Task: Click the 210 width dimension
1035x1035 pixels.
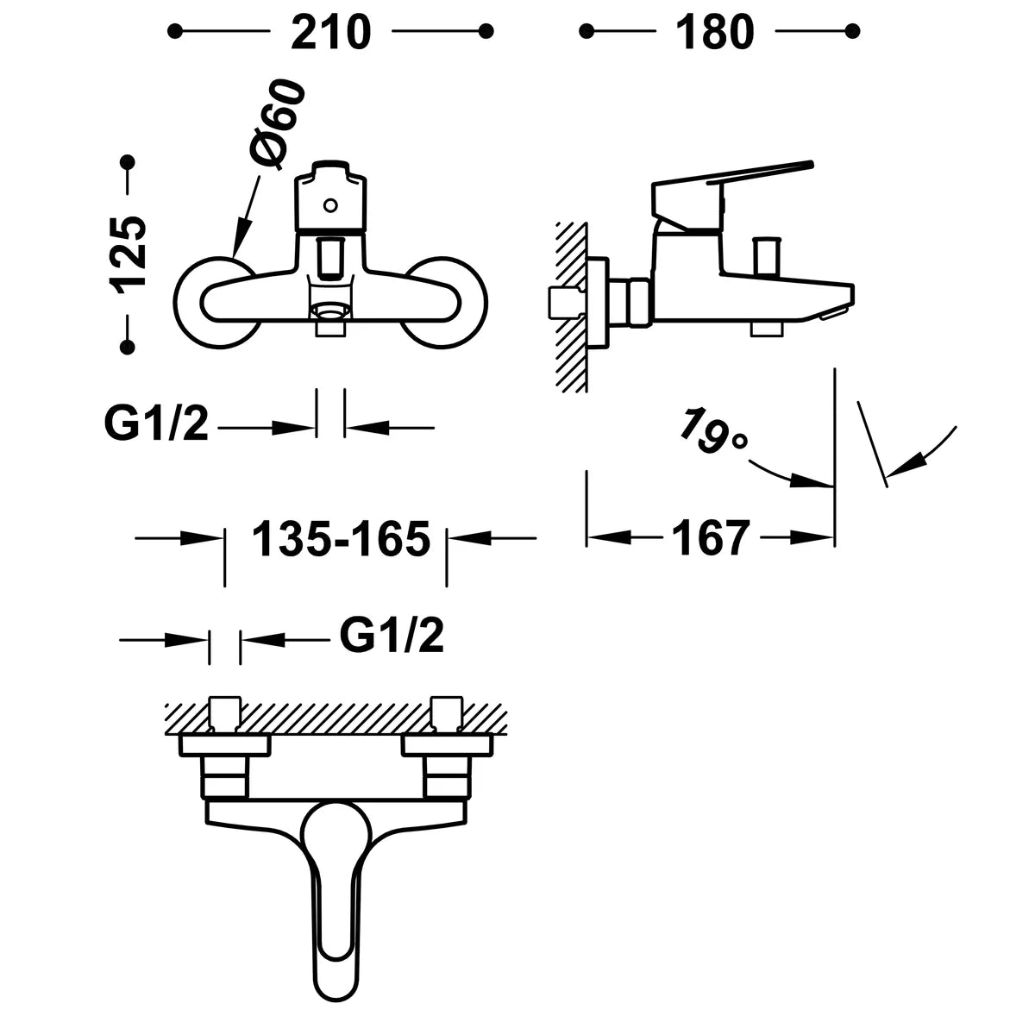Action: tap(330, 32)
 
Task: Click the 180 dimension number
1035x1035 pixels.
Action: tap(715, 32)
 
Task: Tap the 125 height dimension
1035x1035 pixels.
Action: tap(129, 254)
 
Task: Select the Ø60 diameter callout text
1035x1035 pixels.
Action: tap(277, 123)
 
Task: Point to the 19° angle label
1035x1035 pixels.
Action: tap(712, 431)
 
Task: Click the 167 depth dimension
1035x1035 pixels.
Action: tap(710, 538)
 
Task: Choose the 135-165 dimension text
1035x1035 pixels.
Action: tap(341, 538)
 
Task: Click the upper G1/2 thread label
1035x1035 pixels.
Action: tap(156, 423)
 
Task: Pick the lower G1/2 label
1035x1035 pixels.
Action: tap(392, 635)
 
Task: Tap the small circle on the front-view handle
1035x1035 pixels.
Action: tap(330, 205)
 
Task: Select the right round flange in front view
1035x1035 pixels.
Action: tap(446, 303)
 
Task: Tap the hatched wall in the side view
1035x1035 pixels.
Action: tap(572, 307)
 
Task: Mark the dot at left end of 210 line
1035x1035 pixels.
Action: tap(174, 31)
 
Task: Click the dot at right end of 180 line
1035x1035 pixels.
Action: tap(852, 31)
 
